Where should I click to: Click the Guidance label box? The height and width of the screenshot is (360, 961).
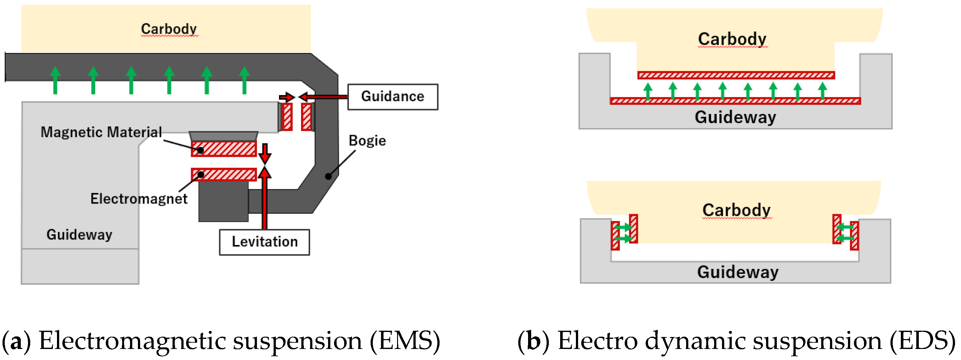tap(392, 97)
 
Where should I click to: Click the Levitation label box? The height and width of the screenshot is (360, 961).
tap(264, 242)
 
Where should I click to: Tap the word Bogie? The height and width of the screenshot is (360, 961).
tap(367, 141)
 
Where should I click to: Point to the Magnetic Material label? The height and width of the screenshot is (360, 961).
tap(101, 132)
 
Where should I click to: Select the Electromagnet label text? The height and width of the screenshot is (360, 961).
tap(139, 198)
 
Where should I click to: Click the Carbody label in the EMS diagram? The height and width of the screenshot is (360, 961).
tap(169, 29)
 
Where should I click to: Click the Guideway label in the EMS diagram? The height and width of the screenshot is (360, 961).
tap(79, 234)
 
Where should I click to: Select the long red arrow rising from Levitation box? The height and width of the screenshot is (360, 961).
tap(264, 202)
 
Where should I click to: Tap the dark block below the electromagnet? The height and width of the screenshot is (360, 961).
tap(223, 202)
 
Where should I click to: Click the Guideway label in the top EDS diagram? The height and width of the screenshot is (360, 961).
tap(735, 117)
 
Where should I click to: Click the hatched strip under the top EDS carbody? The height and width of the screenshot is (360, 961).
tap(736, 75)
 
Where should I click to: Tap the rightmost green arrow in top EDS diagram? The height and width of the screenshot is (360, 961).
tap(822, 91)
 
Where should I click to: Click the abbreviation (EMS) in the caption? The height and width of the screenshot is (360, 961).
tap(404, 340)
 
